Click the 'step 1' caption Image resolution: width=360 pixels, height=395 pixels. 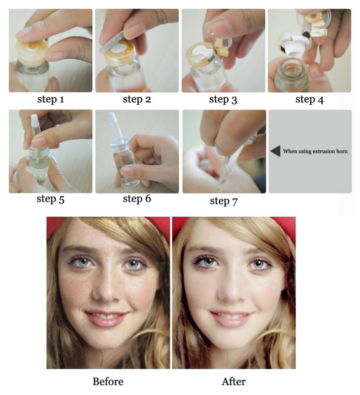[x=51, y=100]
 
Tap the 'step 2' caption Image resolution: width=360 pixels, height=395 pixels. [x=137, y=99]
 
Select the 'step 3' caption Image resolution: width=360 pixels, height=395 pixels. [x=223, y=100]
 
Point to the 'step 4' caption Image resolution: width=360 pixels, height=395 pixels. [x=309, y=100]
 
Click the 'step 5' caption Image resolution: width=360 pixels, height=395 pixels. [x=50, y=199]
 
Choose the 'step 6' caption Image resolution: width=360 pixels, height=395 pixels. [x=137, y=199]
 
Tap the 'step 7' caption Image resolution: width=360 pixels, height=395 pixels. [x=224, y=201]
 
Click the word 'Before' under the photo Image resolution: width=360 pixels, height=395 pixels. [x=108, y=381]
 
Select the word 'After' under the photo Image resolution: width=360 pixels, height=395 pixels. [x=234, y=381]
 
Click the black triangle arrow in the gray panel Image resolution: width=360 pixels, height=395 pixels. [x=276, y=151]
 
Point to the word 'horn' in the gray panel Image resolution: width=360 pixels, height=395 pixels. [x=342, y=151]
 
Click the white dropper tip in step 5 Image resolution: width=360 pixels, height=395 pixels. [x=34, y=121]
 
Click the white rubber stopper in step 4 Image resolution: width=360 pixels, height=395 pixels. [x=296, y=46]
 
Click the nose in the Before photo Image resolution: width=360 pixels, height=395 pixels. [x=107, y=287]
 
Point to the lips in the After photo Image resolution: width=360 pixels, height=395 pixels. [x=231, y=318]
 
